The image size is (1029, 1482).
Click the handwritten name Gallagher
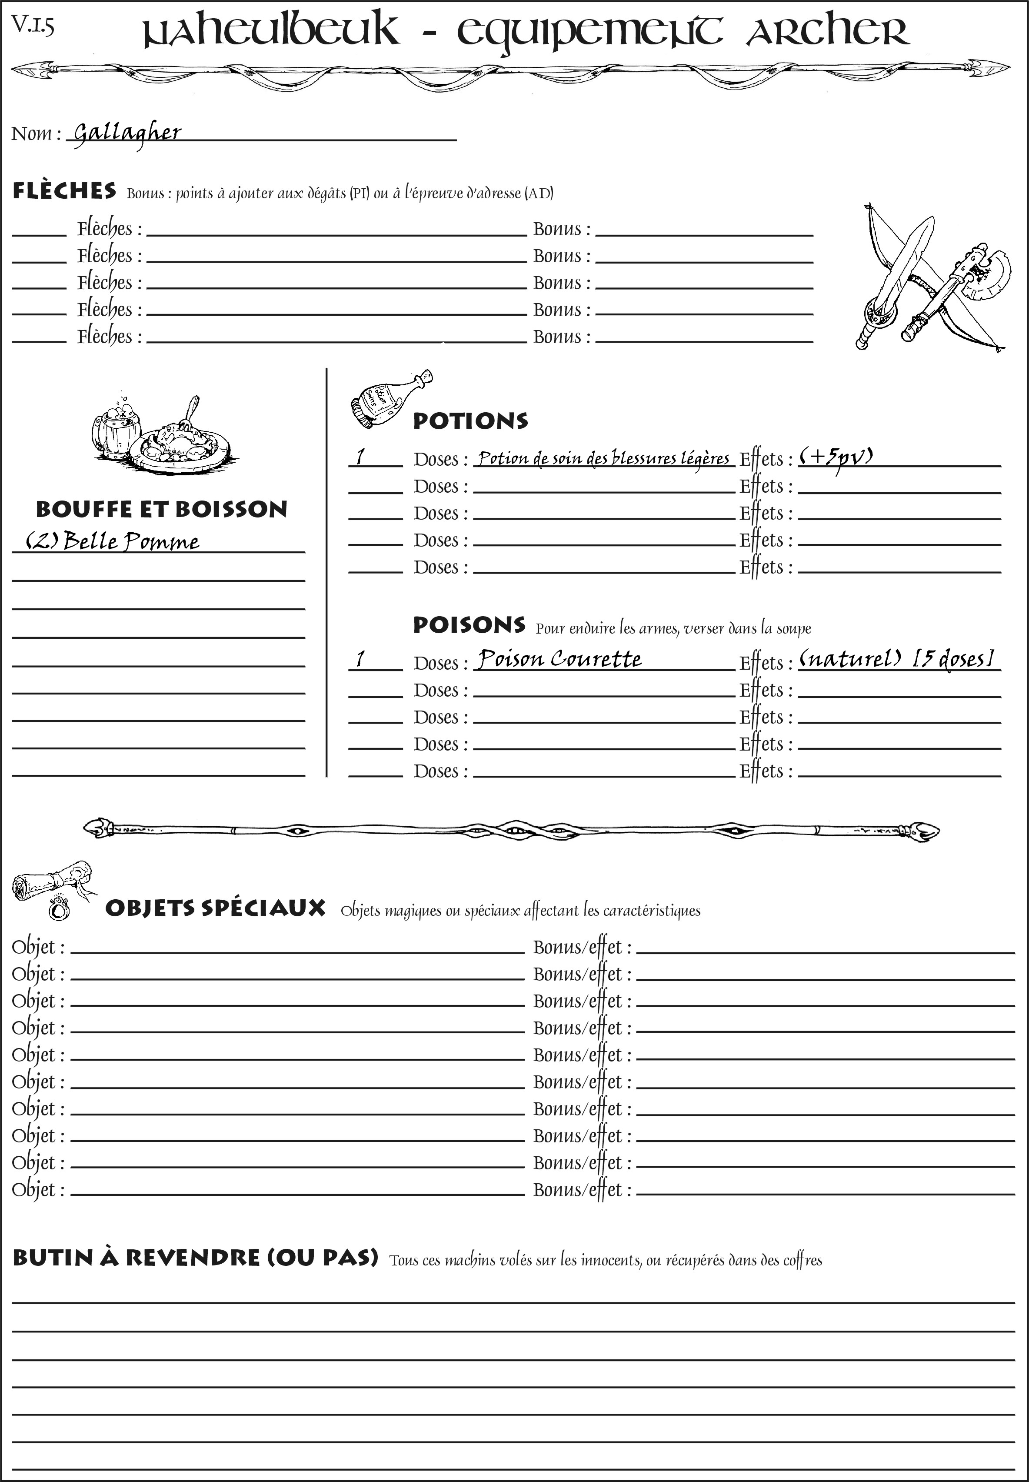click(127, 133)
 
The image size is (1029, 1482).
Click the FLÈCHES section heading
click(64, 191)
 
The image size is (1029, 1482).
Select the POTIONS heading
click(470, 421)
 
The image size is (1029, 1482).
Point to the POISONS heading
click(469, 625)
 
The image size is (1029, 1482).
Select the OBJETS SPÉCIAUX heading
click(215, 908)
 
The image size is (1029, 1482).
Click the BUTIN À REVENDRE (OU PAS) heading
click(195, 1258)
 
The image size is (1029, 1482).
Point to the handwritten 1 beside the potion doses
click(360, 457)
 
